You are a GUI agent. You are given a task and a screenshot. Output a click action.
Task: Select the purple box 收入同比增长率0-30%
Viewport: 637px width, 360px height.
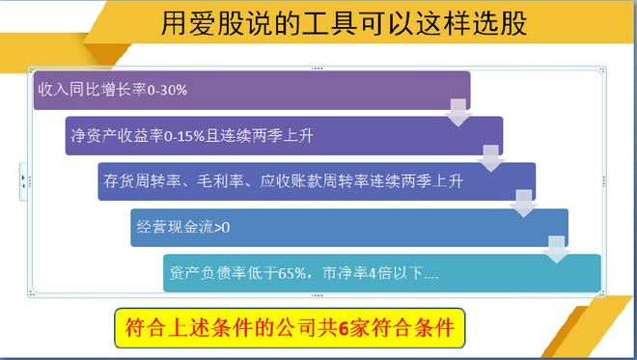251,90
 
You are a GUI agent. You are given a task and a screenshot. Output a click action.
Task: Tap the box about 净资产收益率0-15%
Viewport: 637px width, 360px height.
284,135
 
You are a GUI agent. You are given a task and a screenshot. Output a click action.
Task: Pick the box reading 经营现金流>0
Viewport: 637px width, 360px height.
348,227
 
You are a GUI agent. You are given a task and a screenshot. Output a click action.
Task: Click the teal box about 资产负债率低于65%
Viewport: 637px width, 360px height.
382,272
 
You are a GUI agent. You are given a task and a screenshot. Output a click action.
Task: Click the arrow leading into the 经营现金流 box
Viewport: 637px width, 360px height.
524,206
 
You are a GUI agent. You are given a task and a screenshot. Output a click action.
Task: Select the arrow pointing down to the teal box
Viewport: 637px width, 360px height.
557,250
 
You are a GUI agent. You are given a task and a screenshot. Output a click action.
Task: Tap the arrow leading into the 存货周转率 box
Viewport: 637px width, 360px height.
491,160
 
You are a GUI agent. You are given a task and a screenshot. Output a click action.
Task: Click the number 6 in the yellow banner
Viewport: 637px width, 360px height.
342,328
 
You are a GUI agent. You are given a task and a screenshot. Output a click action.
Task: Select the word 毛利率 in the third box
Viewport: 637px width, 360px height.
231,180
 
